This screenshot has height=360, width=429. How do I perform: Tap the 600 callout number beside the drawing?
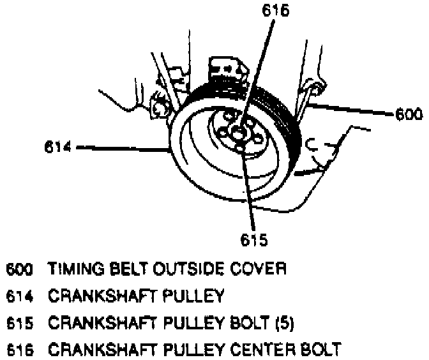pyautogui.click(x=409, y=115)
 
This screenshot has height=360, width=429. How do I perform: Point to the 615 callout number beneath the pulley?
pyautogui.click(x=253, y=240)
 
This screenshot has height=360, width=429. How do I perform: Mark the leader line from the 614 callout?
pyautogui.click(x=121, y=149)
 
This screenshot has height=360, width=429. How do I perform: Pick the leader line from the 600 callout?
pyautogui.click(x=351, y=110)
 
